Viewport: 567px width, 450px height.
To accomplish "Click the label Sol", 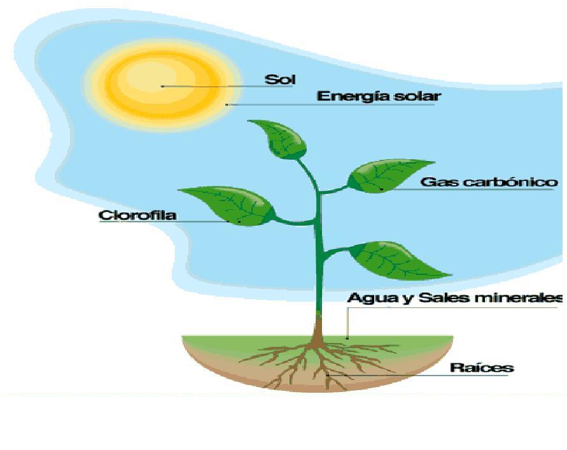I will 280,80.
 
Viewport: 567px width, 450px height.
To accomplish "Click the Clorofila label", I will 137,215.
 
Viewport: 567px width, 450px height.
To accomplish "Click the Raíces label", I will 482,367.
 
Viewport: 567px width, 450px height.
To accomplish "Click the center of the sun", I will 163,85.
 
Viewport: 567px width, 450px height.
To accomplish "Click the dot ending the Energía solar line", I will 227,104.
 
